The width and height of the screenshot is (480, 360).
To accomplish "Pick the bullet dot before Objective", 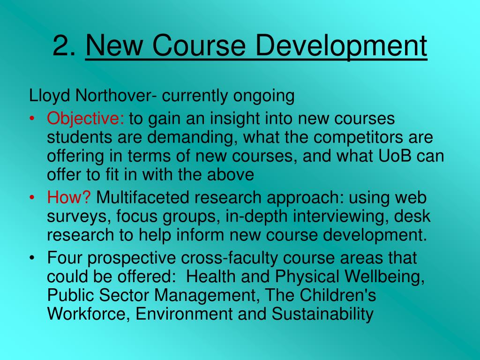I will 32,119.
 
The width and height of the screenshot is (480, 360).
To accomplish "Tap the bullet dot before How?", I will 32,198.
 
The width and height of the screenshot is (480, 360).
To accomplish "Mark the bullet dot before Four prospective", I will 32,258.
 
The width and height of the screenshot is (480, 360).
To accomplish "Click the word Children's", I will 337,295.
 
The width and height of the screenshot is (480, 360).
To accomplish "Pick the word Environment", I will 185,314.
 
